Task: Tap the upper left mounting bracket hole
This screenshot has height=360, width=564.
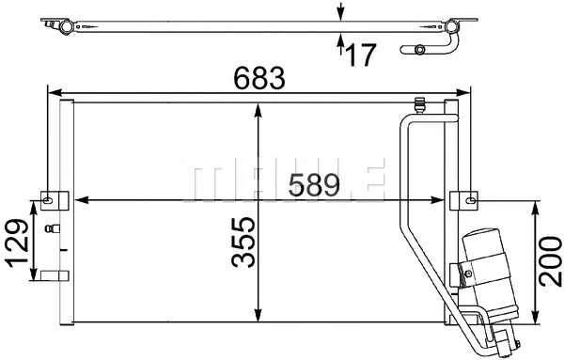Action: click(x=49, y=197)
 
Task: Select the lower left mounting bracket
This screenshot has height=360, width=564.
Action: click(x=53, y=275)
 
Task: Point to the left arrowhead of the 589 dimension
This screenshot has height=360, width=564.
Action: click(x=79, y=199)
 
